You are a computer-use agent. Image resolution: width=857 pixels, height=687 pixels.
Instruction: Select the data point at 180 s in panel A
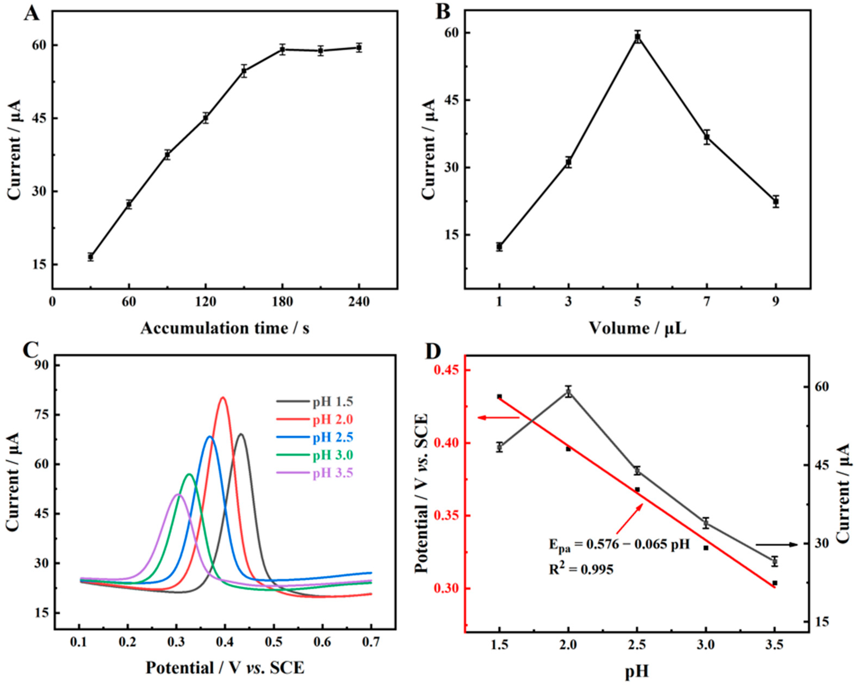pyautogui.click(x=283, y=50)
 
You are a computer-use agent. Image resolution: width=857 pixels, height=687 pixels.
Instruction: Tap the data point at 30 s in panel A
pyautogui.click(x=91, y=257)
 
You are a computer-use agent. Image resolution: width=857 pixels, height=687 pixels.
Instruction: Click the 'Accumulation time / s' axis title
pyautogui.click(x=225, y=328)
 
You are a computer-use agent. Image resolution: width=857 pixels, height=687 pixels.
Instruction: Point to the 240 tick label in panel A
pyautogui.click(x=359, y=302)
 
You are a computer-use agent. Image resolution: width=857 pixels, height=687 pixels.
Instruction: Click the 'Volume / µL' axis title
pyautogui.click(x=638, y=328)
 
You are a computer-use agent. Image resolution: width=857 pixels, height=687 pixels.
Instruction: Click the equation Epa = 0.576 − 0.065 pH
pyautogui.click(x=619, y=544)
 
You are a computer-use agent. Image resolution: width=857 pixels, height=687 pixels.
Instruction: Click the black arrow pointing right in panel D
pyautogui.click(x=776, y=545)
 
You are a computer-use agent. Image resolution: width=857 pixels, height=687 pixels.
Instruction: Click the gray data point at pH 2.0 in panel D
pyautogui.click(x=568, y=392)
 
